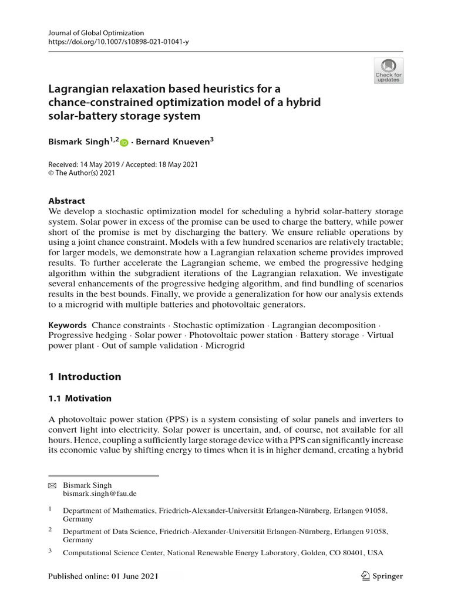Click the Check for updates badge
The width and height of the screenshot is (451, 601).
(388, 70)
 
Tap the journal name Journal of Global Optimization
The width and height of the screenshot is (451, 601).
(96, 33)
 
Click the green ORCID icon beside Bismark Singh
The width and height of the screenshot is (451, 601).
(124, 142)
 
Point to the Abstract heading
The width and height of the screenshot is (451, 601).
(66, 200)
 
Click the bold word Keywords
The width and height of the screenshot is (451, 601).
(68, 325)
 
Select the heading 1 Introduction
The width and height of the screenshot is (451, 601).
(84, 376)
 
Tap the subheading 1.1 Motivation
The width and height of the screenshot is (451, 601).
(79, 398)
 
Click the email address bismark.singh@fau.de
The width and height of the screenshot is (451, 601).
(99, 494)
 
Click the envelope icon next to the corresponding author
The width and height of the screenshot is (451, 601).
(52, 485)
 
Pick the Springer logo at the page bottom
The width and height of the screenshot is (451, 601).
(382, 576)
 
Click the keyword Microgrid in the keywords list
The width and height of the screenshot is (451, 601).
(224, 346)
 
